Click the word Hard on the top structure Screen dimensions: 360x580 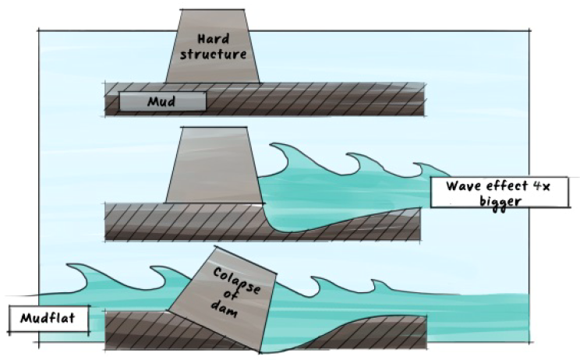(212, 38)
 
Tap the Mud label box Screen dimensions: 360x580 (162, 101)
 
